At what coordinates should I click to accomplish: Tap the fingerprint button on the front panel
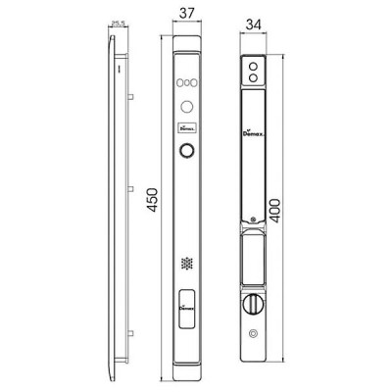tap(185, 152)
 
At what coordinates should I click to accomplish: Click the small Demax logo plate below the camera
tap(185, 126)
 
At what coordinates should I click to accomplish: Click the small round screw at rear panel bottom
tap(254, 335)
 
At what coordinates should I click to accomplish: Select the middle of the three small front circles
tap(185, 83)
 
